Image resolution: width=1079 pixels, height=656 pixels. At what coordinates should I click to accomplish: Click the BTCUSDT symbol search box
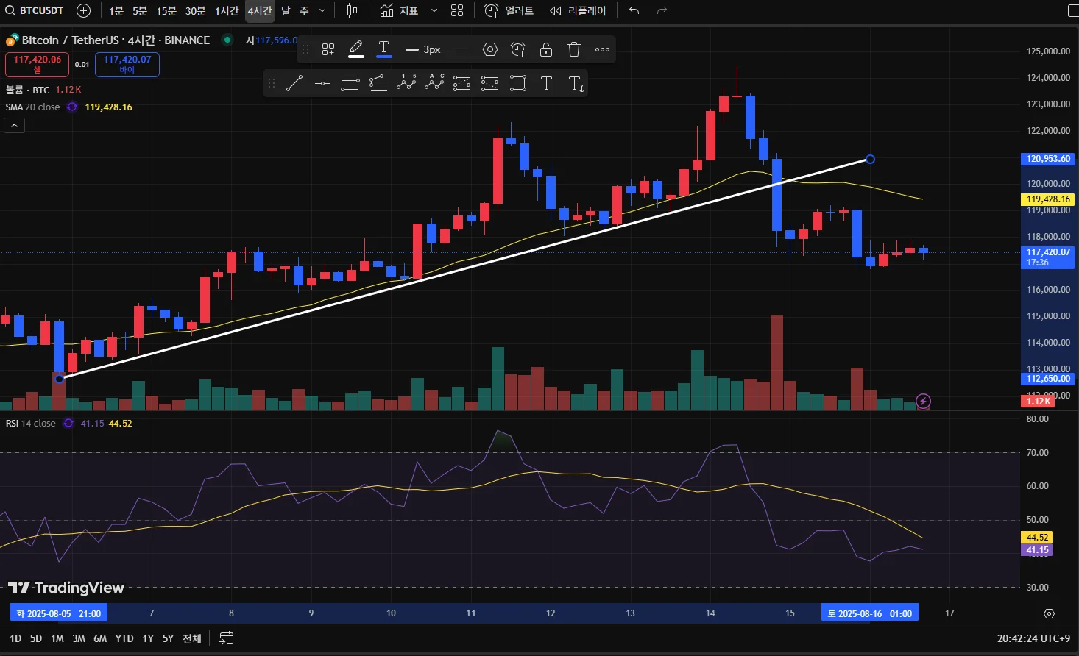point(35,10)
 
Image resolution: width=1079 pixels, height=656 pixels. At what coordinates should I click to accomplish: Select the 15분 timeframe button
point(166,11)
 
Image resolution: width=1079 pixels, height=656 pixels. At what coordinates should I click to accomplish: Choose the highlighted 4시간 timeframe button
point(260,11)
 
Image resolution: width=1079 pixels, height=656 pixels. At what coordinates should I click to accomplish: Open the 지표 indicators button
point(400,11)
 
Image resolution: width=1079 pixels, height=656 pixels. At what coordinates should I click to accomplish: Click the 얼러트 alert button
point(509,11)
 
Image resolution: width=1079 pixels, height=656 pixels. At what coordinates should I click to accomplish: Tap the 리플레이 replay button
point(578,11)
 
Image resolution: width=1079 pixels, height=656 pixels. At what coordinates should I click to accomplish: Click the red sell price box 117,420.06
point(38,64)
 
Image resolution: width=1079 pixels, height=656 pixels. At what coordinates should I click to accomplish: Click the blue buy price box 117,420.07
point(127,64)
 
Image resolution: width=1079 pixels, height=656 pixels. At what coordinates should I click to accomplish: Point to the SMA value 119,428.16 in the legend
point(109,107)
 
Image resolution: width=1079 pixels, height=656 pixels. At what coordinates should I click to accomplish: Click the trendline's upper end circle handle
point(870,159)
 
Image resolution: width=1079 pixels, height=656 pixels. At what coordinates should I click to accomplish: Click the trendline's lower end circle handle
point(59,379)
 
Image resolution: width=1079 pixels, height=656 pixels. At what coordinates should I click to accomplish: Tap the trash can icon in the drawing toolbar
point(574,49)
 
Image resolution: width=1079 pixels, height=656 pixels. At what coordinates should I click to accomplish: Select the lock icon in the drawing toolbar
point(546,49)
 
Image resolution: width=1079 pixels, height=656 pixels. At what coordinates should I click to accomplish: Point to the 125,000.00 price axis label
point(1048,51)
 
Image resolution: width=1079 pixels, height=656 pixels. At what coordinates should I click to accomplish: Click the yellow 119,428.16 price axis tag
point(1048,199)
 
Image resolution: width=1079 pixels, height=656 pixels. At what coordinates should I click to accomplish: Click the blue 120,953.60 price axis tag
point(1048,159)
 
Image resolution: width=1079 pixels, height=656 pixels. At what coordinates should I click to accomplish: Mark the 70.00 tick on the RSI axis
point(1037,453)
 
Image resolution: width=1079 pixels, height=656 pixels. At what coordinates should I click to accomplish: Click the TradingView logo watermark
point(66,588)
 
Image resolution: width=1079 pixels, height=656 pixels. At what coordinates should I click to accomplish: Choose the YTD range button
point(124,638)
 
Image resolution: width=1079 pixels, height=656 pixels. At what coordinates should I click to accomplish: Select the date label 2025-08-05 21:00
point(59,613)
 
